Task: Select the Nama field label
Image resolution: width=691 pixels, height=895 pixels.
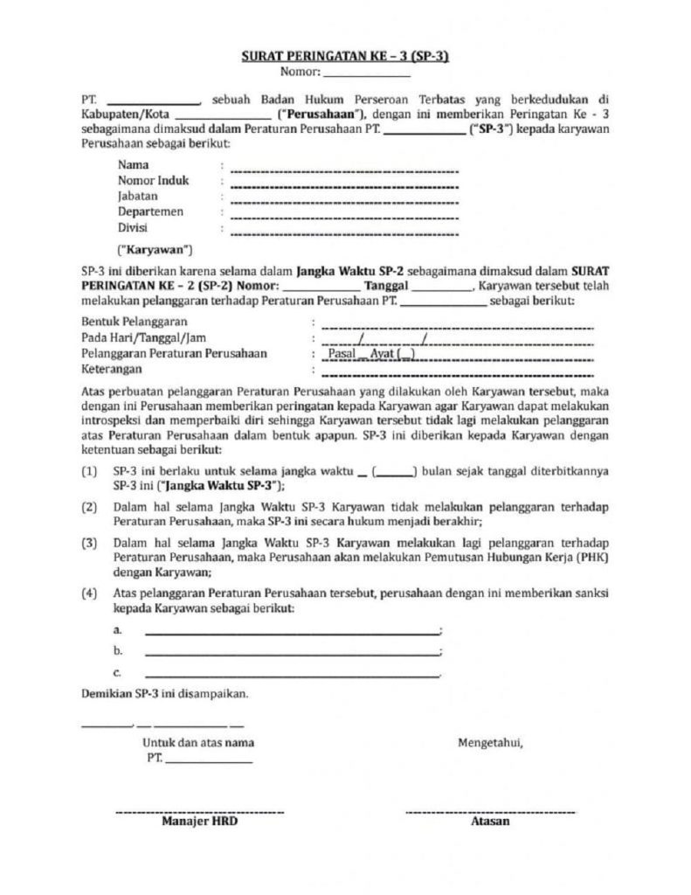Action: (x=133, y=164)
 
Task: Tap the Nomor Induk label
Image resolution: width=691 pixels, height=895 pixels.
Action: (x=153, y=180)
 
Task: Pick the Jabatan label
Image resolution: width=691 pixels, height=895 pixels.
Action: (x=138, y=196)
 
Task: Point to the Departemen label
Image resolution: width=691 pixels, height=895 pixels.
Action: (x=150, y=212)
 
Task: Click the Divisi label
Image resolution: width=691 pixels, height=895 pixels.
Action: (x=134, y=227)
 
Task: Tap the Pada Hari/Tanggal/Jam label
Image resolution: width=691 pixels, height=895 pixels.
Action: (x=145, y=337)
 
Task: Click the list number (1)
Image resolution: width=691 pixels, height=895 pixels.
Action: (x=89, y=471)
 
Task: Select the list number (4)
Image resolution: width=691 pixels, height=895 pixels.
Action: (x=89, y=593)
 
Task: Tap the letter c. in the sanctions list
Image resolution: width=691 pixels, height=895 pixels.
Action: (x=117, y=673)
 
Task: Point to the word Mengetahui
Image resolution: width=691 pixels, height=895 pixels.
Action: (x=490, y=743)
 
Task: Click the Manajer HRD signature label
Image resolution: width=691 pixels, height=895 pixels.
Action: (x=199, y=822)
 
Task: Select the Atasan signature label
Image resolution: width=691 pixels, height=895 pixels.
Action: (x=490, y=822)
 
